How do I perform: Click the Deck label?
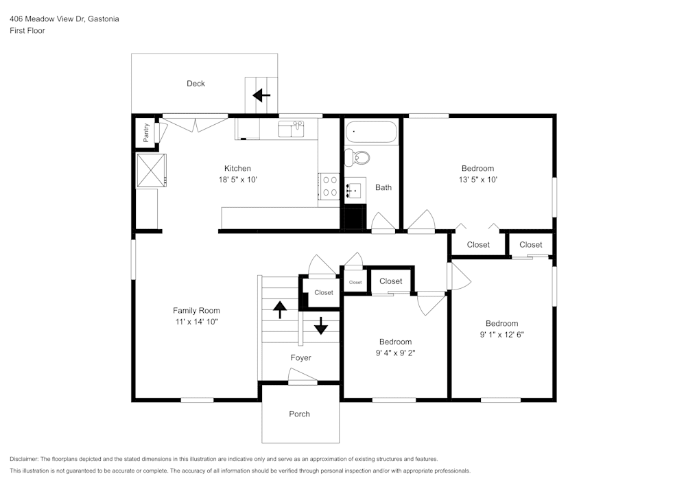pos(196,84)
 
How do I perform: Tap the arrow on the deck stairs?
pos(261,95)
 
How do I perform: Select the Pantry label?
pos(146,132)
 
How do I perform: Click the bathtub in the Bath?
pos(371,132)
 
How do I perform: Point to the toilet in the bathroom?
pos(357,157)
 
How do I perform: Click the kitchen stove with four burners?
pos(329,186)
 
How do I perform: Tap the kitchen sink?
pos(291,128)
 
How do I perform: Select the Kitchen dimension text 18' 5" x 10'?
pos(237,180)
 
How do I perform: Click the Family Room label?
pos(196,311)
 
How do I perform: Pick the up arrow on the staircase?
pos(280,310)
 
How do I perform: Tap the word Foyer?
pos(300,358)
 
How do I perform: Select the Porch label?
pos(299,414)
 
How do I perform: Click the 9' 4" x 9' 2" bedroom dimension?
pos(396,353)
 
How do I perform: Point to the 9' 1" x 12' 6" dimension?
pos(501,335)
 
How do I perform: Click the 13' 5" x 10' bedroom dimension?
pos(477,180)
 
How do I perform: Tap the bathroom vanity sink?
pos(355,188)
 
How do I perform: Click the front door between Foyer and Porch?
pos(303,377)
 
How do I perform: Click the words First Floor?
pos(27,31)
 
